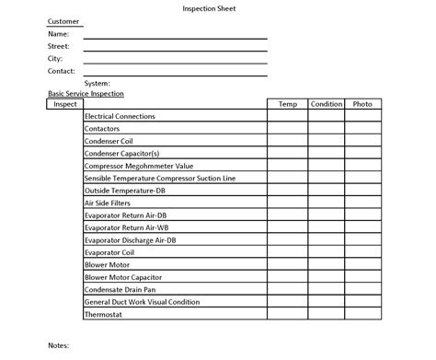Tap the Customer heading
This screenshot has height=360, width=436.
point(63,21)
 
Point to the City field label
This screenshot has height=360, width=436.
point(55,58)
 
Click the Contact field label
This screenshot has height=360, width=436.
point(61,70)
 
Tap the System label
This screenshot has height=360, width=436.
point(97,83)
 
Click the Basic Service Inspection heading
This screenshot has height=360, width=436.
point(86,94)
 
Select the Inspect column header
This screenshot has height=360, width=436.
point(65,104)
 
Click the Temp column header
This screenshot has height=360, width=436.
point(287,104)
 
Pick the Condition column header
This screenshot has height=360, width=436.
point(327,104)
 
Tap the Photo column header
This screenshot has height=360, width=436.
point(362,104)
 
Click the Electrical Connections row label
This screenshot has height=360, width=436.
point(120,116)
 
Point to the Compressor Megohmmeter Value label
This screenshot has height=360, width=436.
point(132,166)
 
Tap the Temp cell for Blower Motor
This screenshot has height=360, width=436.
point(287,264)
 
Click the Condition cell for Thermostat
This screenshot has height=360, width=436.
point(327,314)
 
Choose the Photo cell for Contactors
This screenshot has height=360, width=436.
point(362,129)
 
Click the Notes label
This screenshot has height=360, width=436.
point(59,345)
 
